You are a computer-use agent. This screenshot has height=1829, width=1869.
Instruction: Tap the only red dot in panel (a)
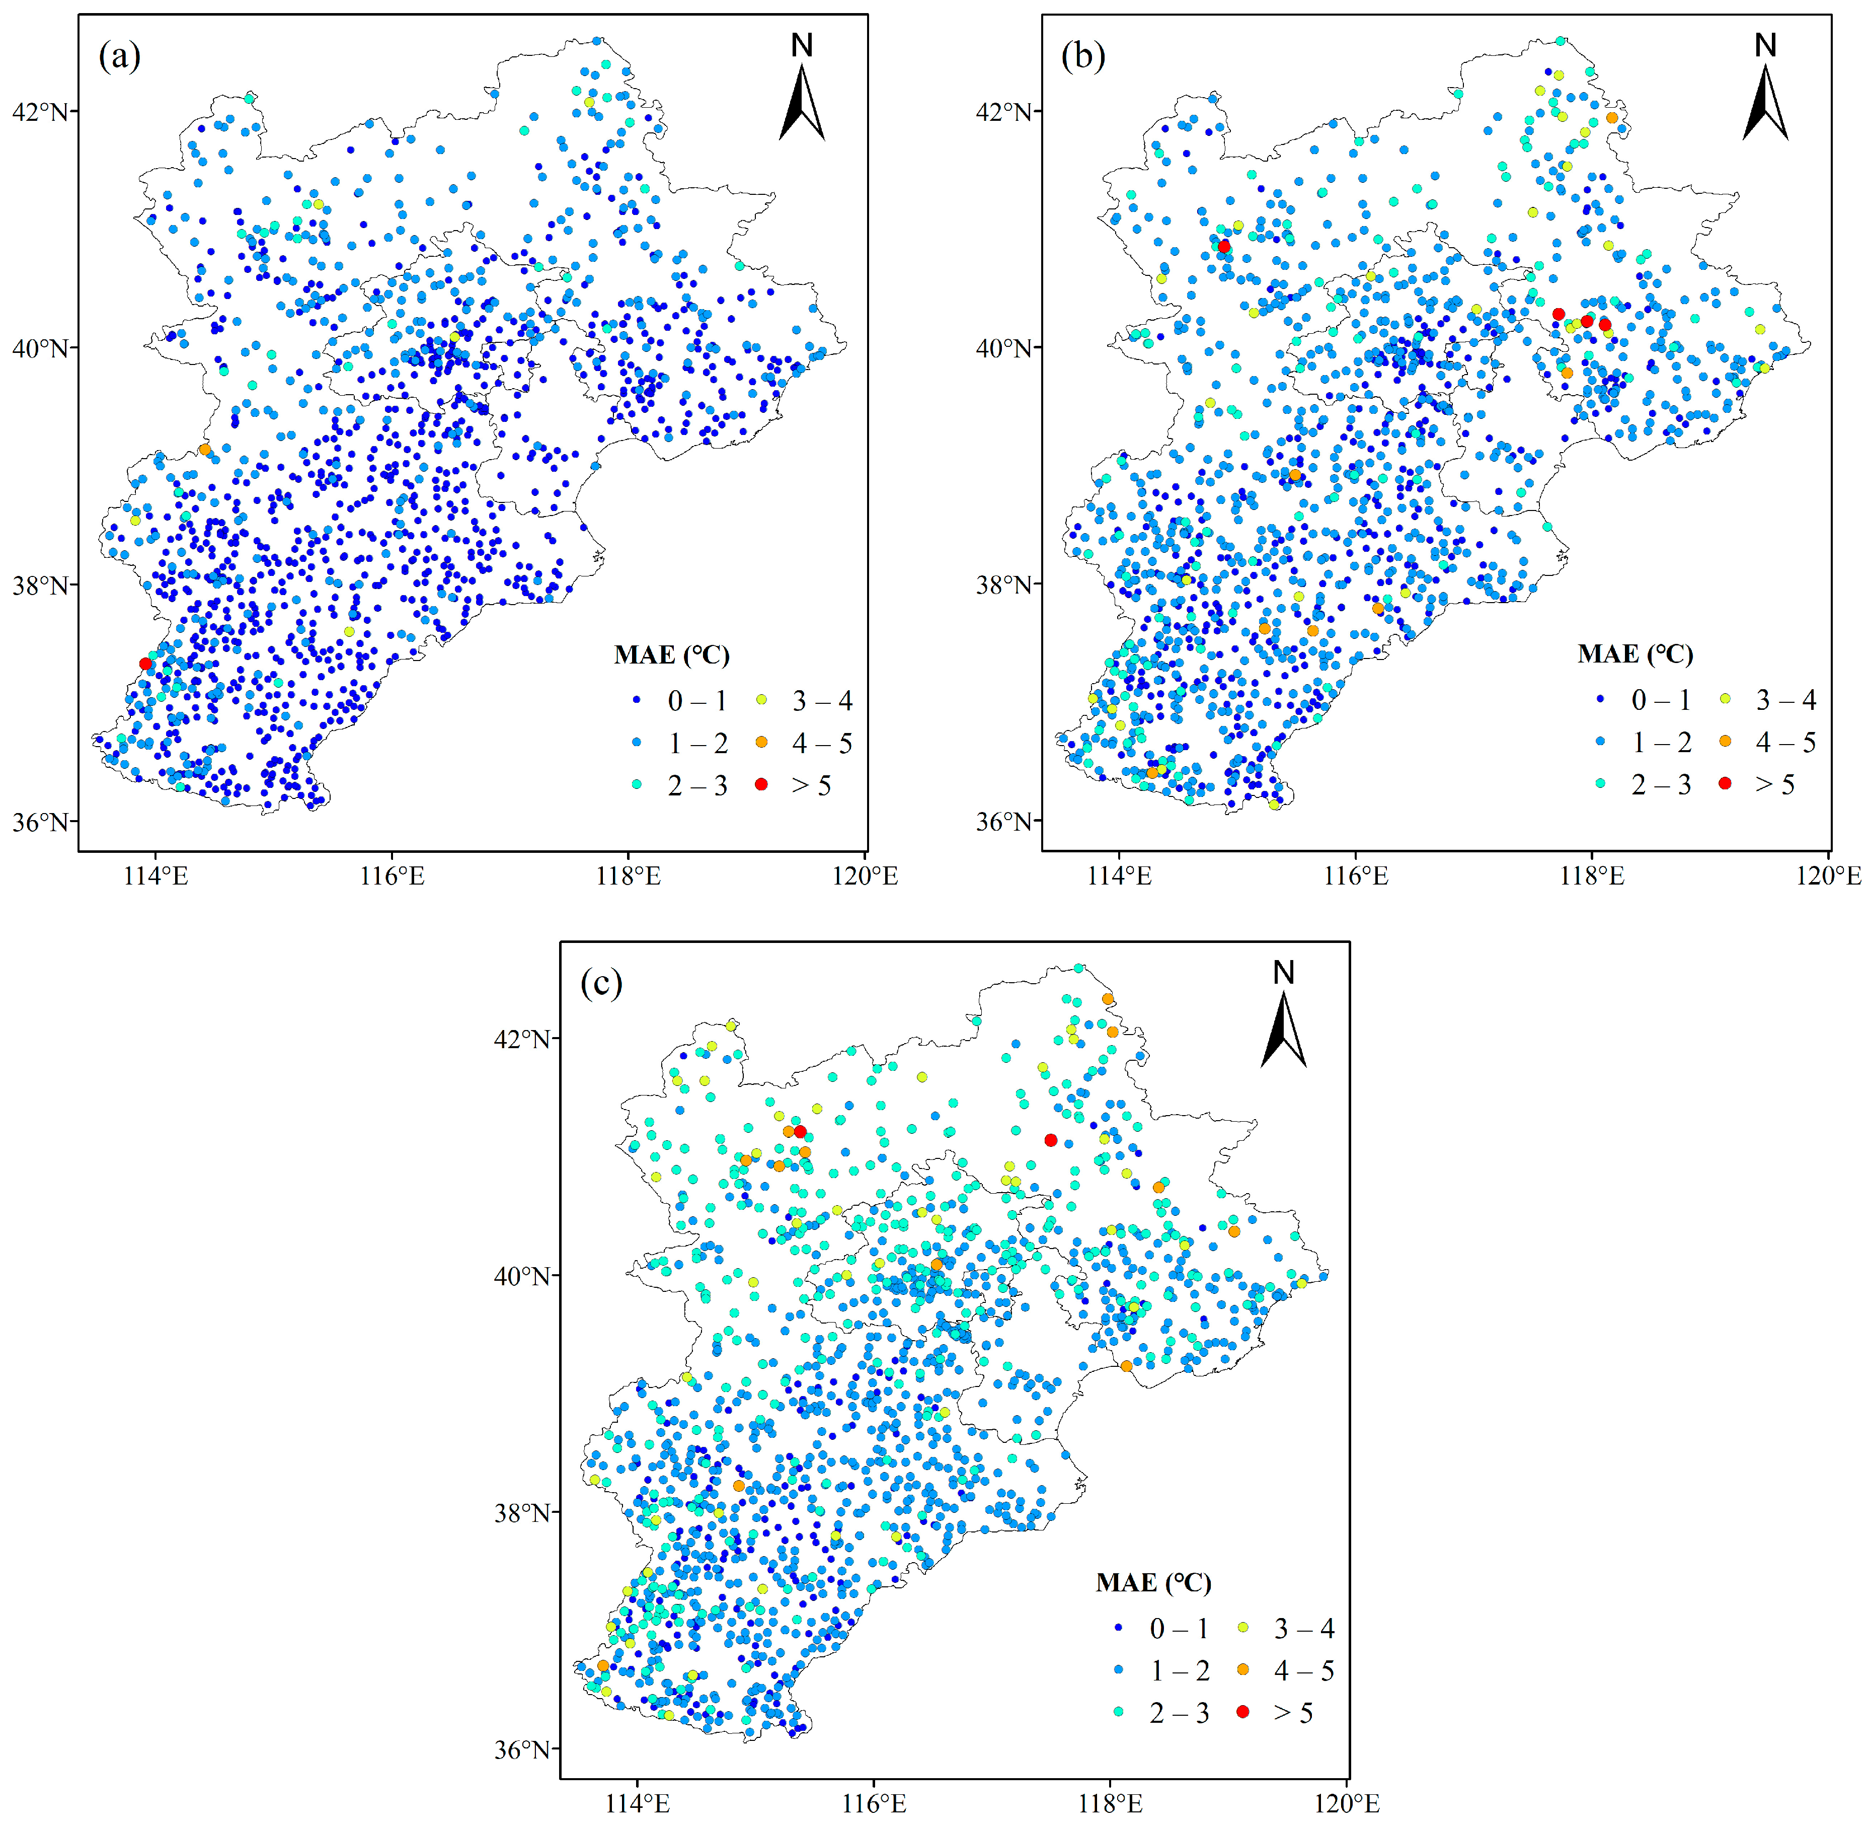[x=145, y=664]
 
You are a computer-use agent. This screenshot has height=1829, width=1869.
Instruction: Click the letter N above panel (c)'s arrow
[x=1283, y=973]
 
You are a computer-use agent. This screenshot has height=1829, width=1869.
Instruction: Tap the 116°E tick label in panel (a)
[x=392, y=876]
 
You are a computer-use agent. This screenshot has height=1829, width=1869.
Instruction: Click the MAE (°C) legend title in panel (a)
[x=671, y=655]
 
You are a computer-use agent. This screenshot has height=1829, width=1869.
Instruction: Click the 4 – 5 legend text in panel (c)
[x=1303, y=1670]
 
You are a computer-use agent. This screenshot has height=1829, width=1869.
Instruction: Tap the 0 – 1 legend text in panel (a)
[x=697, y=701]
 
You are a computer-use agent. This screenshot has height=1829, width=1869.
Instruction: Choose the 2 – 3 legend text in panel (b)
[x=1661, y=785]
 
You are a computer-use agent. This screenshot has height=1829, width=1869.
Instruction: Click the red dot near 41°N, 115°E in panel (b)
[x=1223, y=247]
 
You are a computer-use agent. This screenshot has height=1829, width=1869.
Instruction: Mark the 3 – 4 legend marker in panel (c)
[x=1243, y=1628]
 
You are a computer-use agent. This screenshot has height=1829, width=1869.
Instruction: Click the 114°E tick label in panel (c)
[x=637, y=1804]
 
